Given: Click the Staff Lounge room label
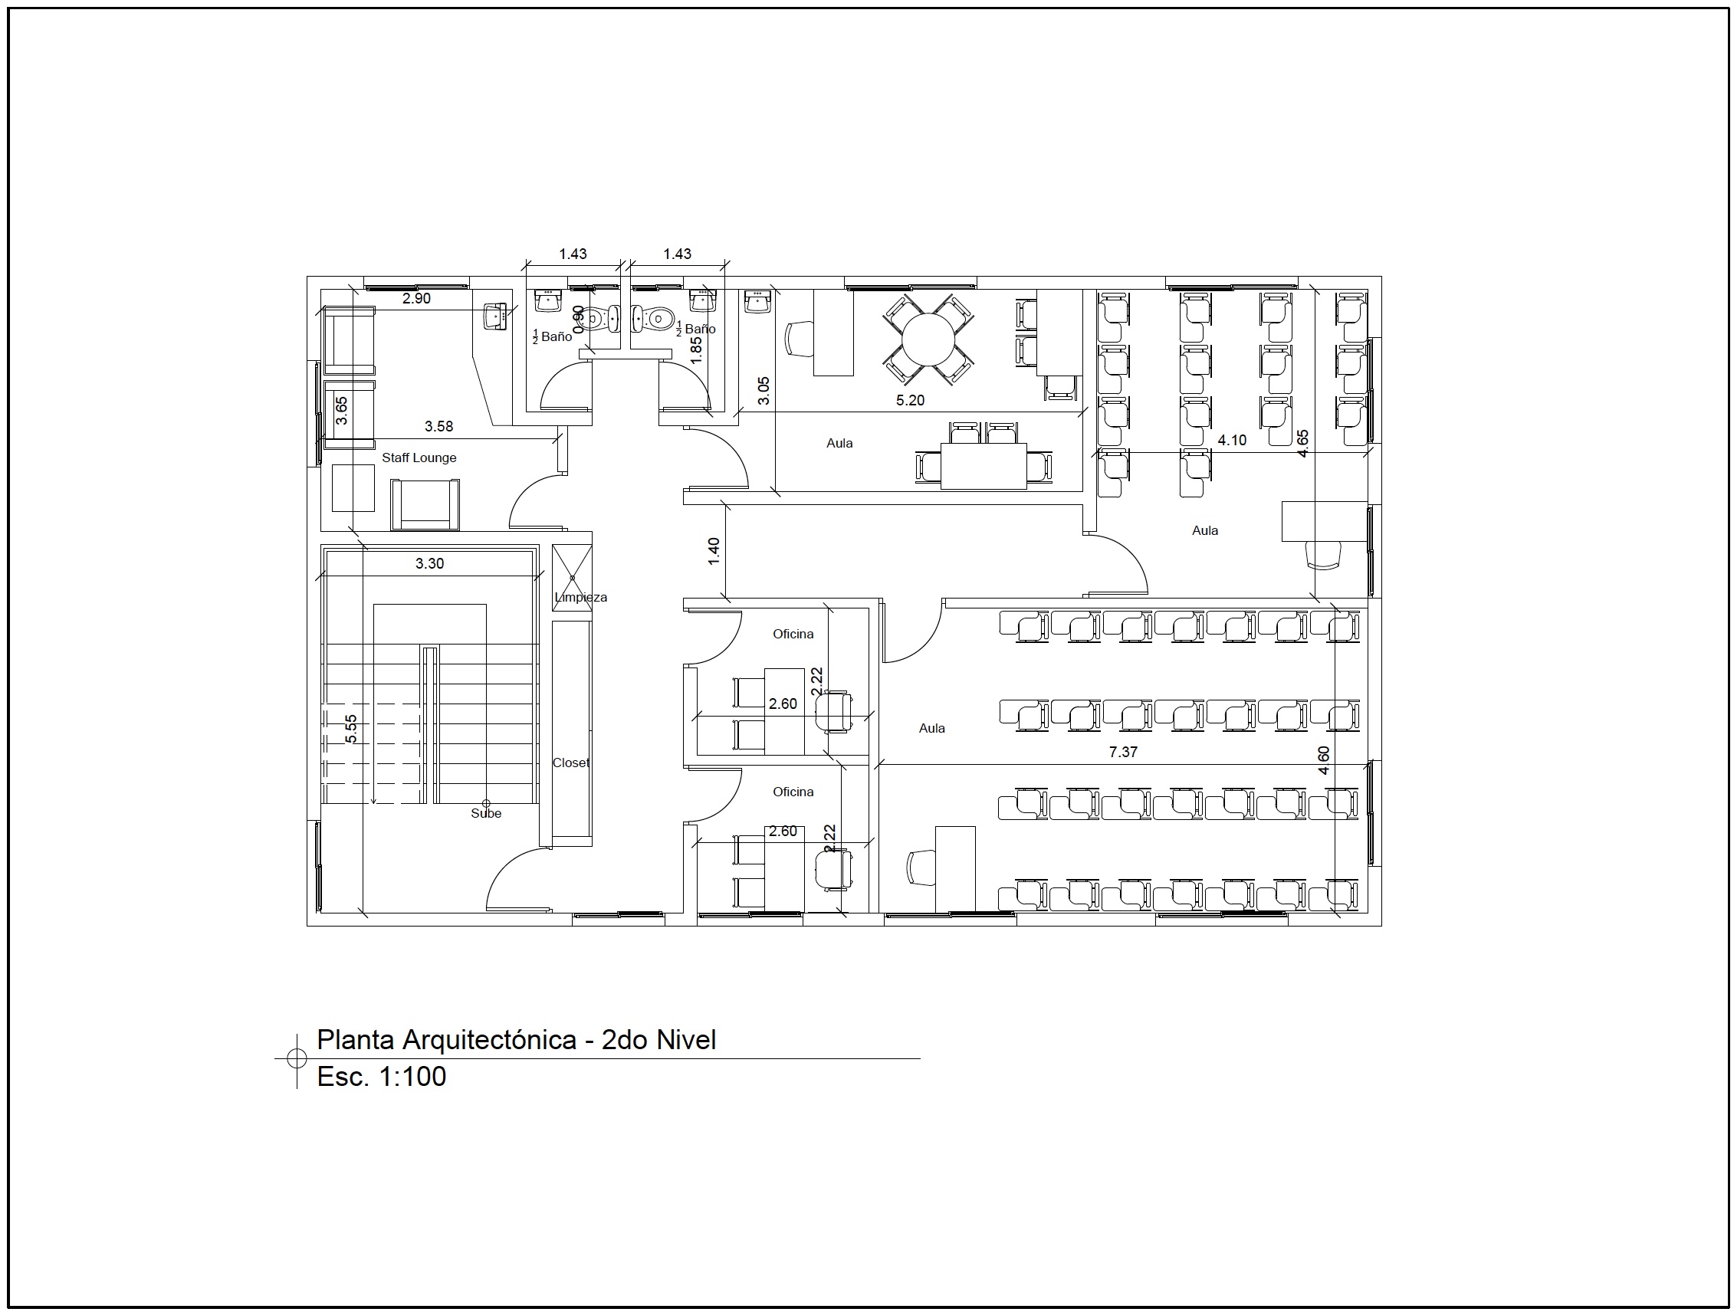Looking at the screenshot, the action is pyautogui.click(x=419, y=458).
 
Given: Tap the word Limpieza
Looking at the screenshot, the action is pyautogui.click(x=581, y=597).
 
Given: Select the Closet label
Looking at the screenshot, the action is pyautogui.click(x=570, y=763).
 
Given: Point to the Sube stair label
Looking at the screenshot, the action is pyautogui.click(x=486, y=814).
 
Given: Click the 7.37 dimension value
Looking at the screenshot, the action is pyautogui.click(x=1123, y=752).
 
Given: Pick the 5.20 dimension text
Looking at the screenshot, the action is pyautogui.click(x=910, y=401).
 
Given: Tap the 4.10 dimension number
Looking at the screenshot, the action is pyautogui.click(x=1232, y=441).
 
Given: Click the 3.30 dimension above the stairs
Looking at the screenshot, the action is pyautogui.click(x=429, y=563).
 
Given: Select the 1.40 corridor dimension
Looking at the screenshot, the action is pyautogui.click(x=714, y=551).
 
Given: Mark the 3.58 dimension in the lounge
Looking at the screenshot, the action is pyautogui.click(x=439, y=426).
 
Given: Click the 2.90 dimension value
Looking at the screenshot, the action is pyautogui.click(x=416, y=299).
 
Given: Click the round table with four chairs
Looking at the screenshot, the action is pyautogui.click(x=928, y=339).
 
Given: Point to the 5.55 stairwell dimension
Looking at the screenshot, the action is pyautogui.click(x=351, y=729).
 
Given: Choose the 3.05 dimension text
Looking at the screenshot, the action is pyautogui.click(x=764, y=391).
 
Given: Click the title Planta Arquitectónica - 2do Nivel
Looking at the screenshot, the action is pyautogui.click(x=517, y=1039).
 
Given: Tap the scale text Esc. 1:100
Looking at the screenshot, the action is pyautogui.click(x=382, y=1076).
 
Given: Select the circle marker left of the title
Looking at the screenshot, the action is pyautogui.click(x=297, y=1058).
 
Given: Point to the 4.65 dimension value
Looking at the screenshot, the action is pyautogui.click(x=1302, y=444).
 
